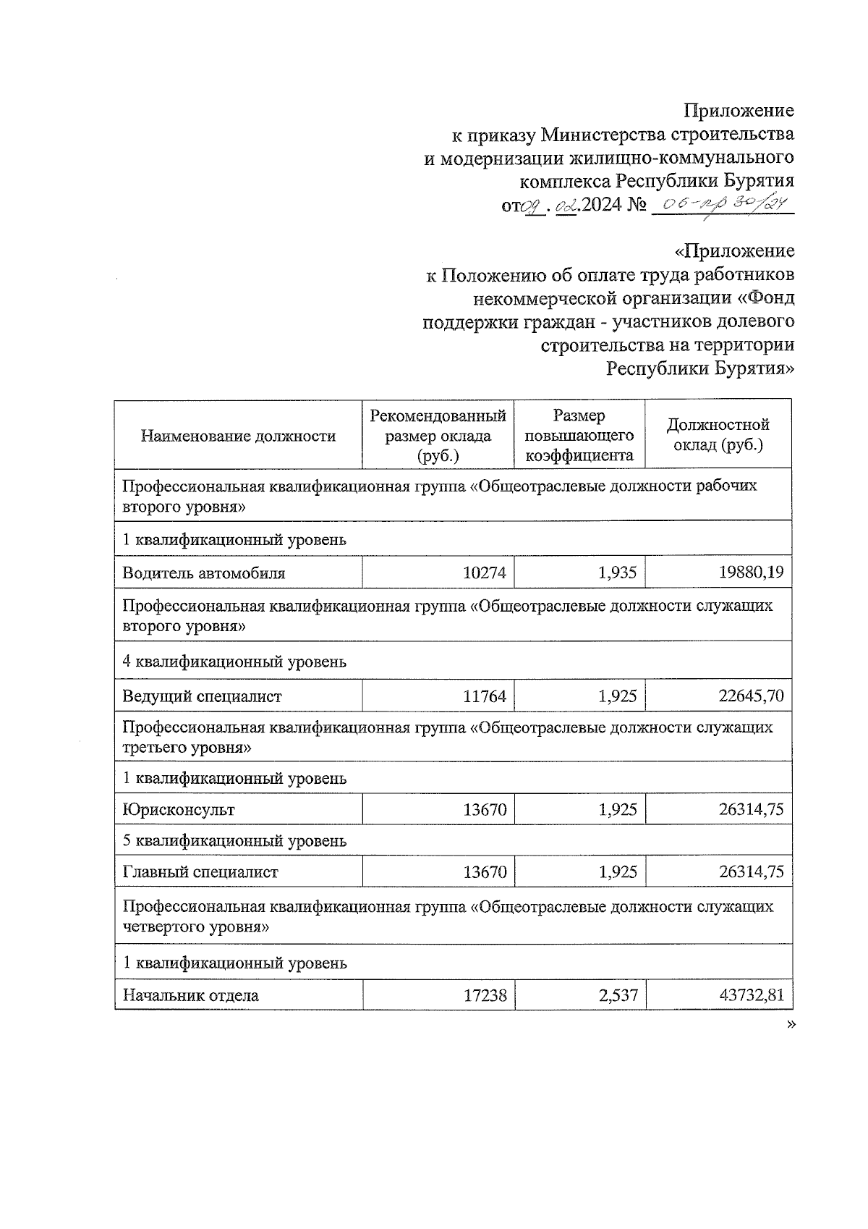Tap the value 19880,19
tap(751, 573)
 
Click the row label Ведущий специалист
tap(202, 696)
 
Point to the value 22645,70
tap(751, 696)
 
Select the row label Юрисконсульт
tap(178, 809)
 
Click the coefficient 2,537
tap(618, 995)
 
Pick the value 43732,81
tap(751, 995)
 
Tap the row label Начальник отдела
tap(190, 995)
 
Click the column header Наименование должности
tap(238, 436)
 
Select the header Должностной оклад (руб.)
tap(718, 435)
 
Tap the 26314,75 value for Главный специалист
tap(751, 872)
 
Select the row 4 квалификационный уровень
tap(234, 662)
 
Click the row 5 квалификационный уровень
tap(234, 841)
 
